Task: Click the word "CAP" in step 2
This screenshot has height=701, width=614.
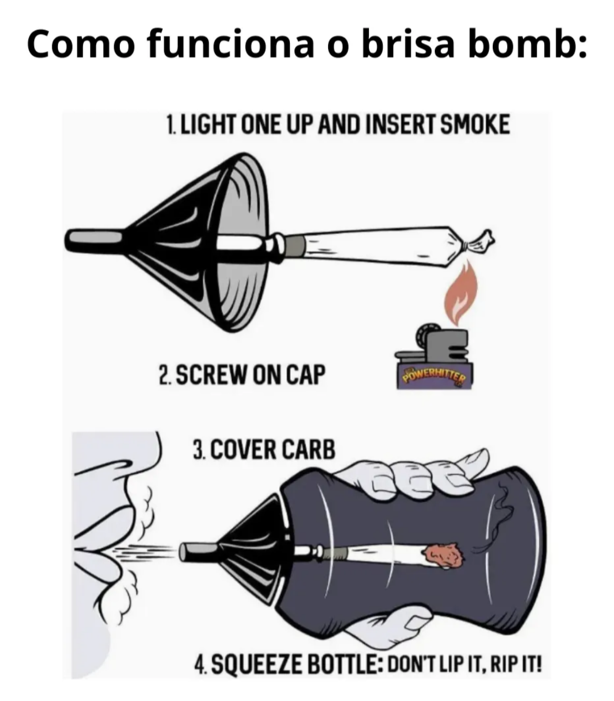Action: point(305,374)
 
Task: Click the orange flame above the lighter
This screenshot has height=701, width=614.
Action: point(460,294)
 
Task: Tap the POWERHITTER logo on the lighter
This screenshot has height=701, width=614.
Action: point(434,377)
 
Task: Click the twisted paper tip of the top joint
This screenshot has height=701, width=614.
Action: point(479,241)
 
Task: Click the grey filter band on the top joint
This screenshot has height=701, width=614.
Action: point(296,247)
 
